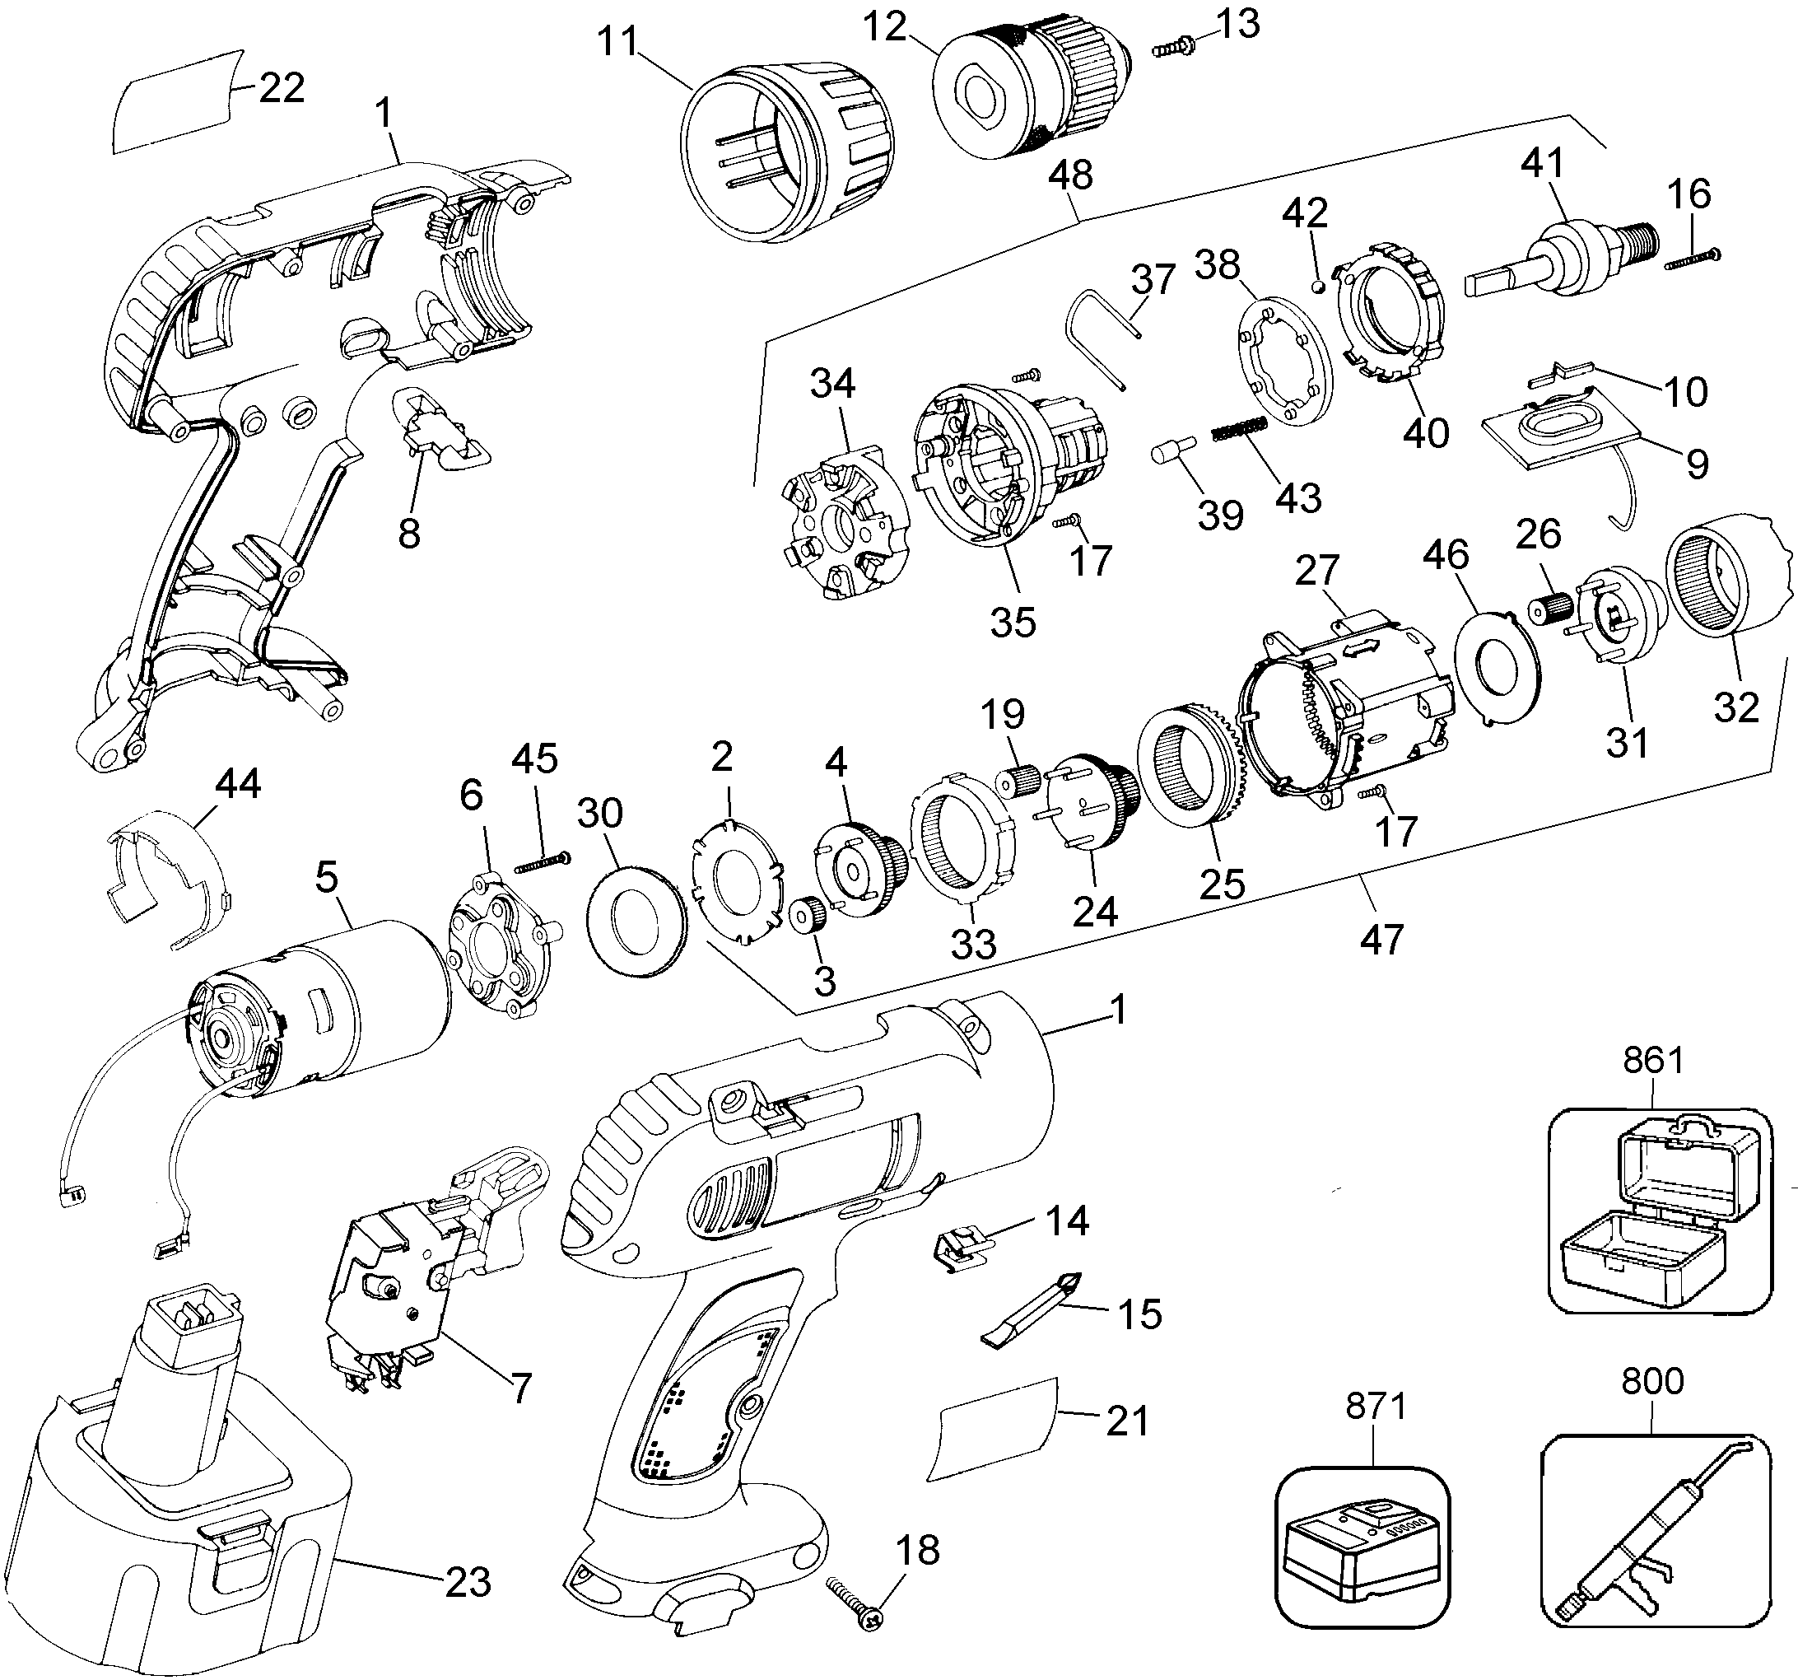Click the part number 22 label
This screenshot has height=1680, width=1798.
coord(281,89)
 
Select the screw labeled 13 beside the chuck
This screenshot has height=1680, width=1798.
coord(1173,46)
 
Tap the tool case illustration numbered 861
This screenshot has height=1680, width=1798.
coord(1659,1211)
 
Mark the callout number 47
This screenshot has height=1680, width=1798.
coord(1381,938)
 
